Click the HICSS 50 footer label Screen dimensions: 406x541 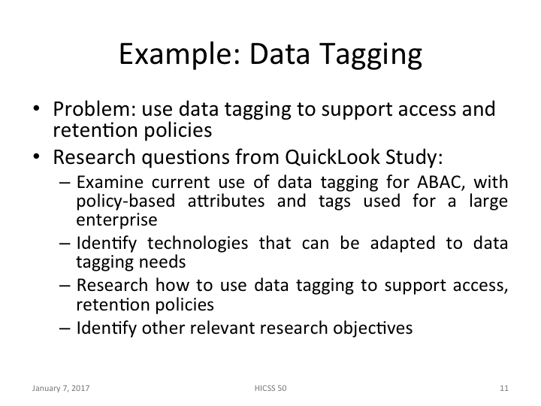(x=270, y=388)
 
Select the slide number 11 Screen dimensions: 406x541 (x=503, y=388)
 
